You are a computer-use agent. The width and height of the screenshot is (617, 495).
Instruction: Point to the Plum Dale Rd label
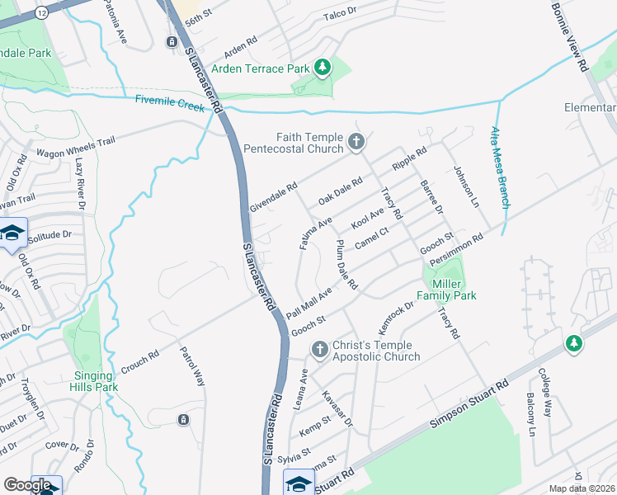[346, 265]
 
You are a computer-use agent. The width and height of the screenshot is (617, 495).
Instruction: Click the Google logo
[27, 485]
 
